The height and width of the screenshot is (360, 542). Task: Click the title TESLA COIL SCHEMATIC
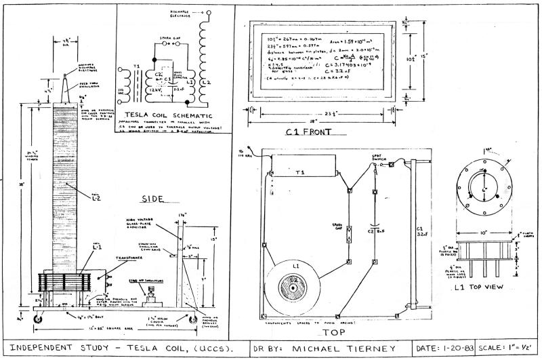pos(160,115)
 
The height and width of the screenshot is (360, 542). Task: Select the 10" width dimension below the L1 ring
pos(480,234)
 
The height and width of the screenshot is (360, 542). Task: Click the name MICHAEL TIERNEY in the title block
pos(337,346)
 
